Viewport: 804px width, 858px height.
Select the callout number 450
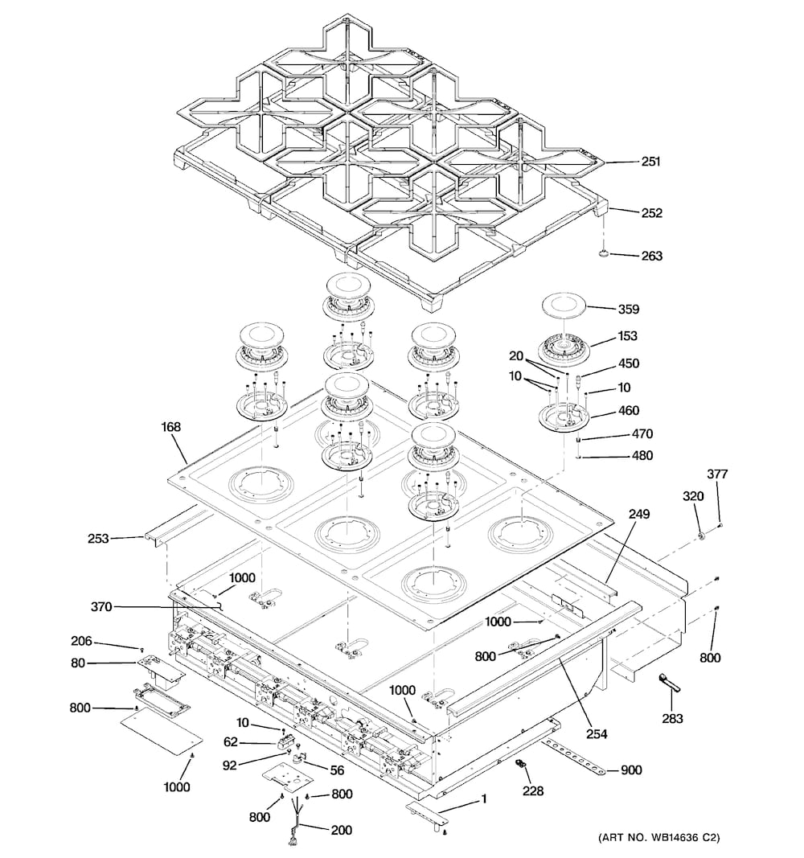tap(629, 364)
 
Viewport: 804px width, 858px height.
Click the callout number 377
tap(717, 474)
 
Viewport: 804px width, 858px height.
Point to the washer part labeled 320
tap(701, 536)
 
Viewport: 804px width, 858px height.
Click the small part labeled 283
tap(668, 683)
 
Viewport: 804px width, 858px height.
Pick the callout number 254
tap(596, 733)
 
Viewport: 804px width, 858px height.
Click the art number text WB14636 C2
tap(658, 839)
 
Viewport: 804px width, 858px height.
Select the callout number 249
tap(639, 514)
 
